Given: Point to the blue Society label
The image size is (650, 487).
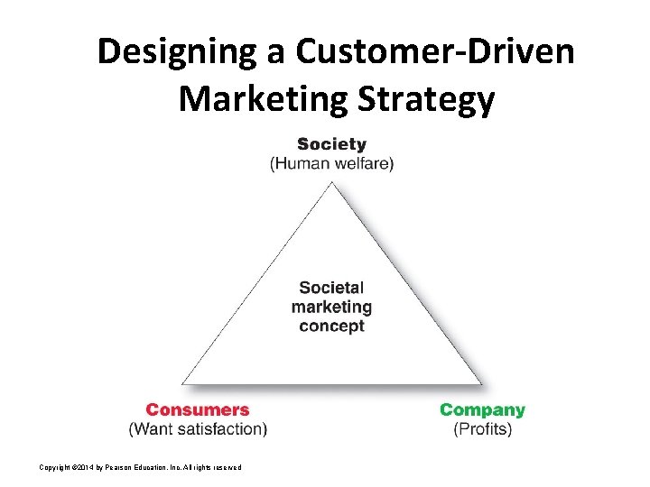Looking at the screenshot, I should pyautogui.click(x=331, y=144).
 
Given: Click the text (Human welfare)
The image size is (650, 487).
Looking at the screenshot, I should pyautogui.click(x=331, y=163).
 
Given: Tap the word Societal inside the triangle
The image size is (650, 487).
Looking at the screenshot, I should pyautogui.click(x=331, y=288).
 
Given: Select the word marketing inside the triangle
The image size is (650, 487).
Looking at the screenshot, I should pyautogui.click(x=331, y=307).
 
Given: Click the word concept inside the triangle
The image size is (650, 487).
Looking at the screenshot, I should pyautogui.click(x=331, y=326).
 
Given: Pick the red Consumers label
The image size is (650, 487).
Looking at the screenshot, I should pyautogui.click(x=198, y=410).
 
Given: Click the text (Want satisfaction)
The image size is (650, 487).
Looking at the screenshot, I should pyautogui.click(x=198, y=429).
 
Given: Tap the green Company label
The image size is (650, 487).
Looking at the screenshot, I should pyautogui.click(x=482, y=410).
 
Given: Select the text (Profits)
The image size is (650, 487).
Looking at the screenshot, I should pyautogui.click(x=482, y=429).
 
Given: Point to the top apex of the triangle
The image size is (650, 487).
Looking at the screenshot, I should pyautogui.click(x=332, y=181).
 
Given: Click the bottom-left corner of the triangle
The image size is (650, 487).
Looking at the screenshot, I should pyautogui.click(x=181, y=385).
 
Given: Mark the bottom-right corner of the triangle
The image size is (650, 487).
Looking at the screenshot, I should pyautogui.click(x=482, y=385).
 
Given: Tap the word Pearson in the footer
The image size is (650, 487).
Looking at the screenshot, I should pyautogui.click(x=123, y=466).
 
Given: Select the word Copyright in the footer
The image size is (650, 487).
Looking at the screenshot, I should pyautogui.click(x=55, y=466).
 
